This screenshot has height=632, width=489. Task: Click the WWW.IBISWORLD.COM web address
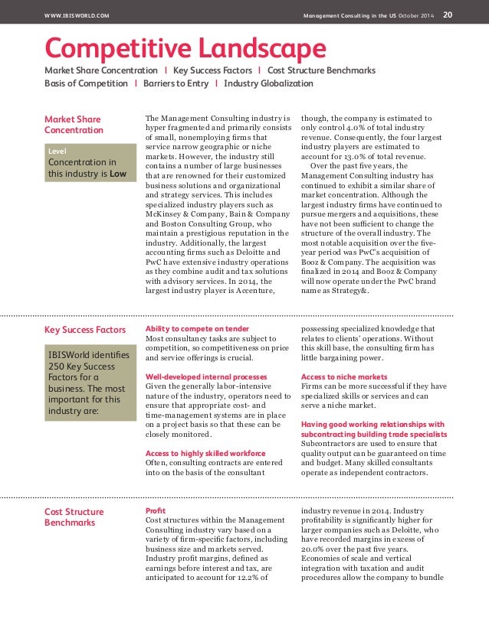pyautogui.click(x=77, y=15)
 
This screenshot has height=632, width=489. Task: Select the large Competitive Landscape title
pyautogui.click(x=185, y=49)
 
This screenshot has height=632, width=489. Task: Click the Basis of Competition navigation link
pyautogui.click(x=86, y=83)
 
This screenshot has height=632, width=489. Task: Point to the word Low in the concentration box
pyautogui.click(x=118, y=174)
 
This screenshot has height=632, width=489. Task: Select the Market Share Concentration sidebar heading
pyautogui.click(x=73, y=125)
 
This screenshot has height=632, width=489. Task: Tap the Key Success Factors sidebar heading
pyautogui.click(x=85, y=330)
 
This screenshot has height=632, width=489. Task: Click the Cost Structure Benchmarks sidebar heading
pyautogui.click(x=74, y=516)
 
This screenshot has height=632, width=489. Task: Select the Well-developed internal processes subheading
pyautogui.click(x=206, y=377)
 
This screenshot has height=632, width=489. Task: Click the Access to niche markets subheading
pyautogui.click(x=344, y=377)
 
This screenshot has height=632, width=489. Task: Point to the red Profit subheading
pyautogui.click(x=156, y=510)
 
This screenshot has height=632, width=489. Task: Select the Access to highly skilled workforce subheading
pyautogui.click(x=205, y=453)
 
